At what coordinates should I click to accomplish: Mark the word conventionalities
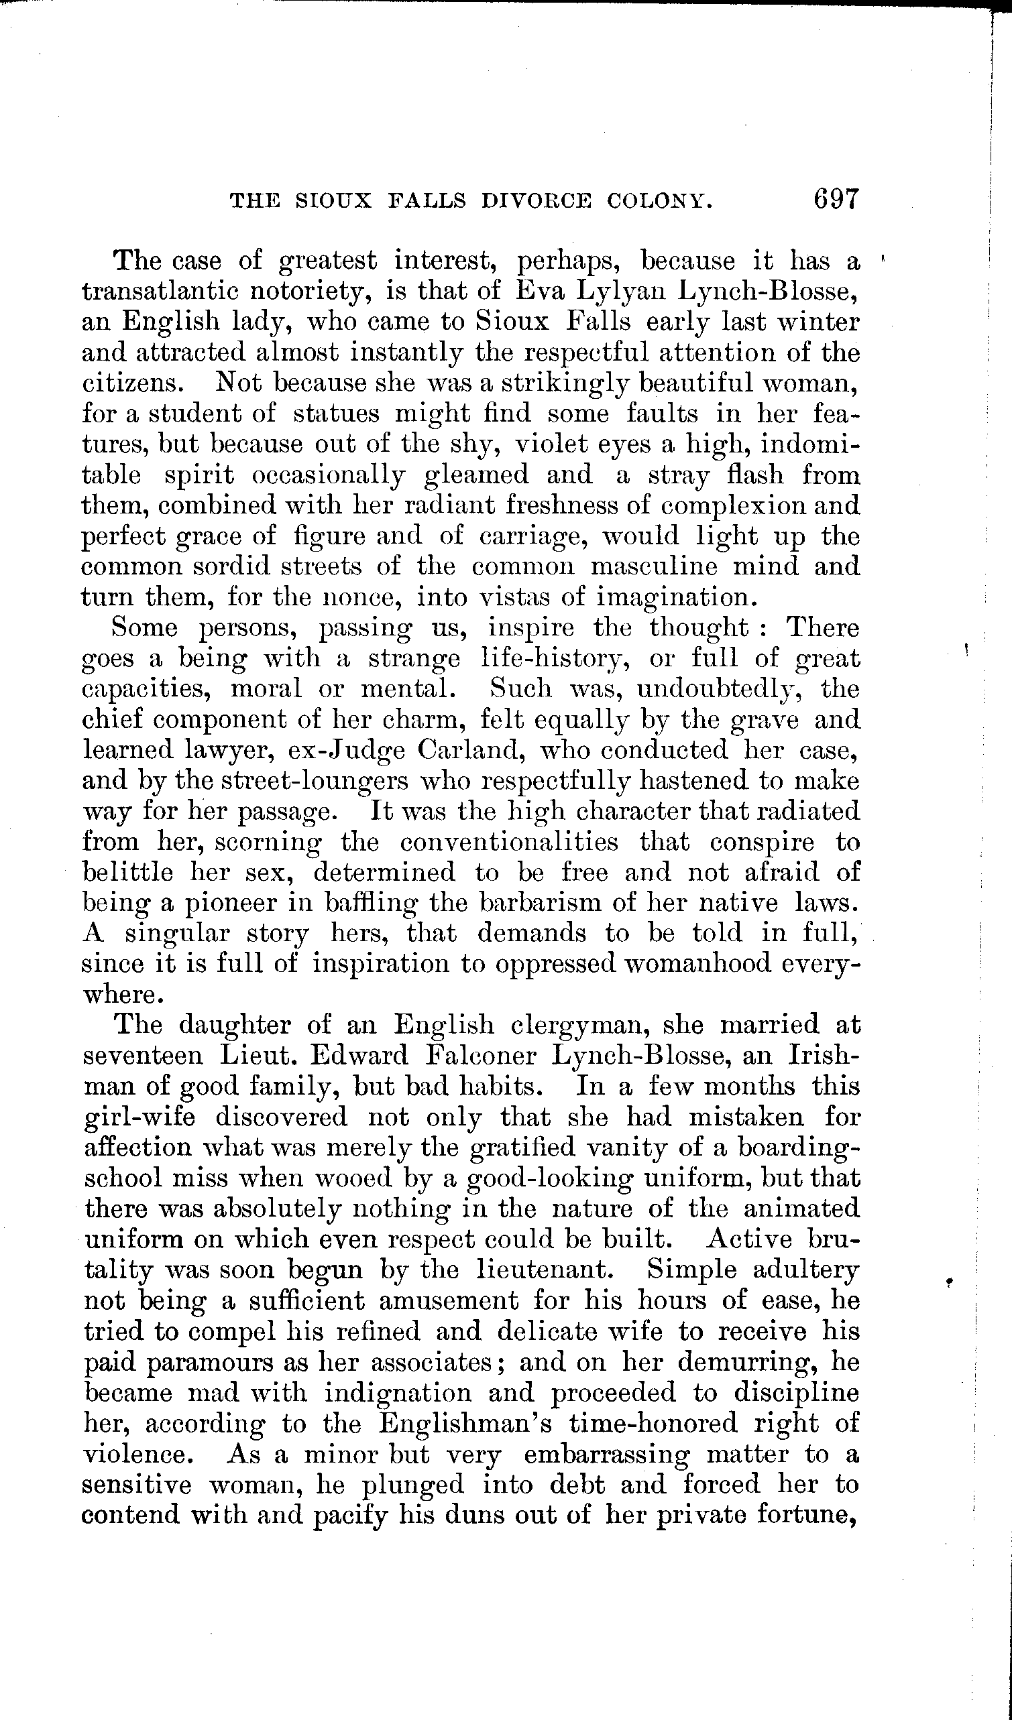[x=509, y=842]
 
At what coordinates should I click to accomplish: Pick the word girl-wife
[x=139, y=1117]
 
